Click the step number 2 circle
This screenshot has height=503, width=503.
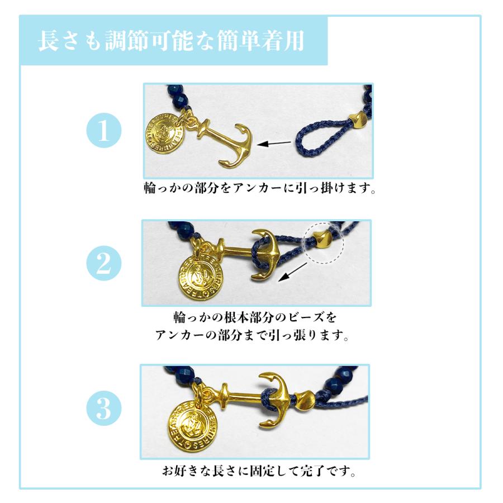click(103, 263)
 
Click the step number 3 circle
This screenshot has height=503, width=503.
click(103, 410)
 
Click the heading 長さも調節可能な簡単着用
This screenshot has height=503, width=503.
click(172, 42)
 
